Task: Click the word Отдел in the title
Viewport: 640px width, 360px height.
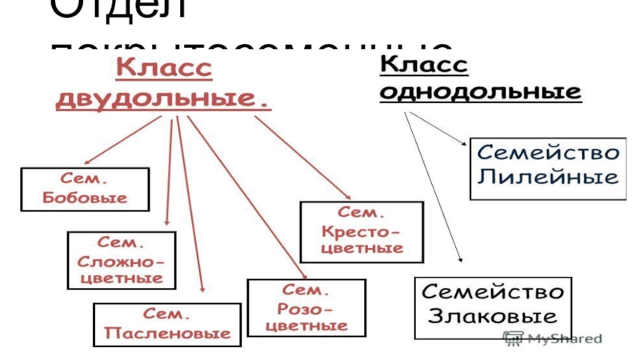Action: (x=119, y=11)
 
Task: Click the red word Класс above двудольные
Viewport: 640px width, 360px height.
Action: (x=165, y=70)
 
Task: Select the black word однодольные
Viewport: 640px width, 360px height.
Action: (x=480, y=92)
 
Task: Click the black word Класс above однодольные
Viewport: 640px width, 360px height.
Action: (x=423, y=64)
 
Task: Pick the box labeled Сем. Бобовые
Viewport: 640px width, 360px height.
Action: (x=85, y=189)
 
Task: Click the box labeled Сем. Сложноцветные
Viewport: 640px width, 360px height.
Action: (x=121, y=260)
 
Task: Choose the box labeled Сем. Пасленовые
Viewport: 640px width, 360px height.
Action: (x=166, y=324)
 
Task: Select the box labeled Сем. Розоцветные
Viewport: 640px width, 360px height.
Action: (x=306, y=307)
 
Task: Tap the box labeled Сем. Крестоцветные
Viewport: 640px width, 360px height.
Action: (x=362, y=231)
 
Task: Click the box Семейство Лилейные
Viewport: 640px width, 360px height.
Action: (x=546, y=164)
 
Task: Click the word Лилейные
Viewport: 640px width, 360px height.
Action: (x=547, y=177)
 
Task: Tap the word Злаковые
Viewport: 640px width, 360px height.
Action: (x=494, y=314)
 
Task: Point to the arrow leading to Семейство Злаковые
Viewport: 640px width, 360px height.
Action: (x=436, y=192)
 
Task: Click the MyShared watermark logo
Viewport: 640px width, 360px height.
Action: (x=552, y=338)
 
